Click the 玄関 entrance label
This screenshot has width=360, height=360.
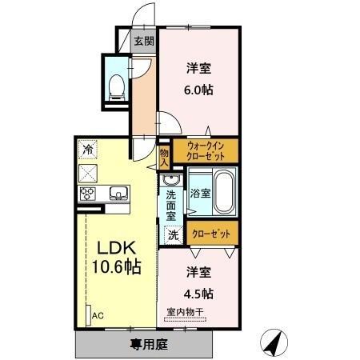[x=143, y=42]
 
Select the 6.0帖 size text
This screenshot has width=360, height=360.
[x=199, y=90]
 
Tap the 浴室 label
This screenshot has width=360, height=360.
[x=199, y=193]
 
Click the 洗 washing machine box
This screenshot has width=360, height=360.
[x=173, y=235]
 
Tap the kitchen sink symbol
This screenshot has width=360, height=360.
[x=117, y=193]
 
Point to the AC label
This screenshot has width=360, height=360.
[x=98, y=316]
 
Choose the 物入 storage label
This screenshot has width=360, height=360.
[x=164, y=156]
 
